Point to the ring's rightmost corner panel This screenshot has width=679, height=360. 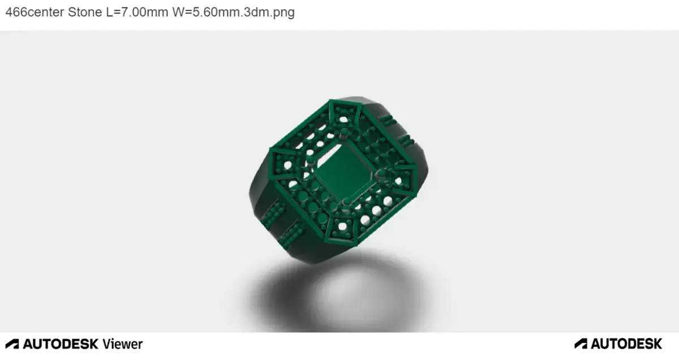pyautogui.click(x=404, y=178)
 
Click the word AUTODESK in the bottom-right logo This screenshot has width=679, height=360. pyautogui.click(x=626, y=344)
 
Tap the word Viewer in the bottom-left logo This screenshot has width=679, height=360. pyautogui.click(x=123, y=344)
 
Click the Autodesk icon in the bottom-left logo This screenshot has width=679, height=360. pyautogui.click(x=12, y=344)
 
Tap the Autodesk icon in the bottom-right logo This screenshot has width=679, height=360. pyautogui.click(x=581, y=344)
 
